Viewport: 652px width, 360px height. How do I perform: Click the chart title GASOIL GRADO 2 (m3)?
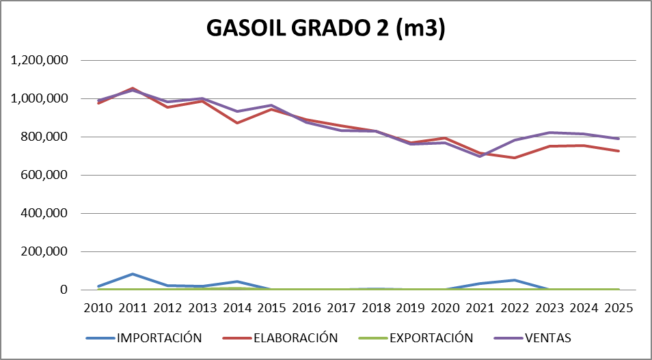(x=326, y=29)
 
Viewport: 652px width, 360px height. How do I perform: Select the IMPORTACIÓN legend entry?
(x=159, y=337)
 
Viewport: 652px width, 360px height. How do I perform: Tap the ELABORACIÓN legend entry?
(x=295, y=337)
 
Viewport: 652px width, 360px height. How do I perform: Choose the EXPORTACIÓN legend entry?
(x=431, y=337)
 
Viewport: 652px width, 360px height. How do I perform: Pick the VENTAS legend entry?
(x=547, y=337)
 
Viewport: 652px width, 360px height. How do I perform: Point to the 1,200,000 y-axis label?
(x=39, y=60)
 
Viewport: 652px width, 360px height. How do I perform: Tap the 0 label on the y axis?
(x=65, y=290)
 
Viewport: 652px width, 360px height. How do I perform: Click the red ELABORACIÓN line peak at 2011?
(x=133, y=88)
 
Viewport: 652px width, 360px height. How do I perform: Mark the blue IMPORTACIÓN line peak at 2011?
(x=133, y=274)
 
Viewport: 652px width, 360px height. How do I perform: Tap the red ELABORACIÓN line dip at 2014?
(x=237, y=123)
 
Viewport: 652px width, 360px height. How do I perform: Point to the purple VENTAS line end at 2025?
(x=618, y=139)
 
